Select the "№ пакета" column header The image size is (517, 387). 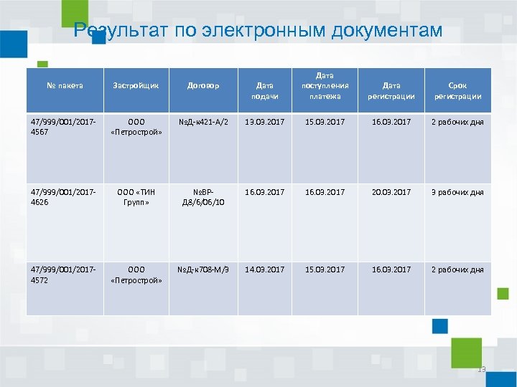pyautogui.click(x=65, y=86)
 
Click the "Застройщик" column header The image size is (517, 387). pyautogui.click(x=136, y=86)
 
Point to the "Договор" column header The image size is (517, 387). pyautogui.click(x=203, y=86)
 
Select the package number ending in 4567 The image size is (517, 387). pyautogui.click(x=64, y=127)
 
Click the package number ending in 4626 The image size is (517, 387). pyautogui.click(x=64, y=197)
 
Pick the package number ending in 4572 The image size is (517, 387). pyautogui.click(x=64, y=274)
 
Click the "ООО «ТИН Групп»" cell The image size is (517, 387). pyautogui.click(x=136, y=197)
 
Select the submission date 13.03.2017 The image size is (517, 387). pyautogui.click(x=264, y=122)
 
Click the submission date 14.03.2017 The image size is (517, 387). pyautogui.click(x=264, y=269)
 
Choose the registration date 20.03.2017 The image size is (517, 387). pyautogui.click(x=391, y=192)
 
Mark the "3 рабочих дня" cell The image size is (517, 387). pyautogui.click(x=457, y=192)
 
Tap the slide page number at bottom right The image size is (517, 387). pyautogui.click(x=481, y=370)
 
